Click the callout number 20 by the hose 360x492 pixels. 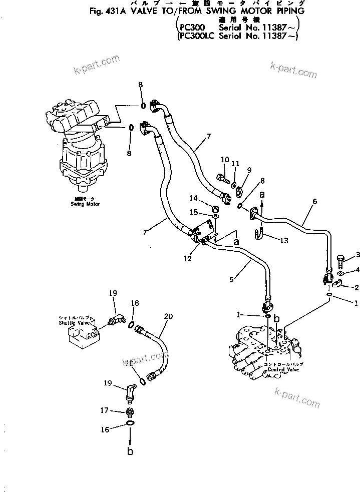tap(168, 316)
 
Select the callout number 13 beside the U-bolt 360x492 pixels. tap(283, 241)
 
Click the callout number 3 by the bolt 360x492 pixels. tap(358, 256)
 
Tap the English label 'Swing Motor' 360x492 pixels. tap(86, 204)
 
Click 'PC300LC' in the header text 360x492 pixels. tap(196, 36)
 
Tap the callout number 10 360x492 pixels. tap(224, 160)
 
